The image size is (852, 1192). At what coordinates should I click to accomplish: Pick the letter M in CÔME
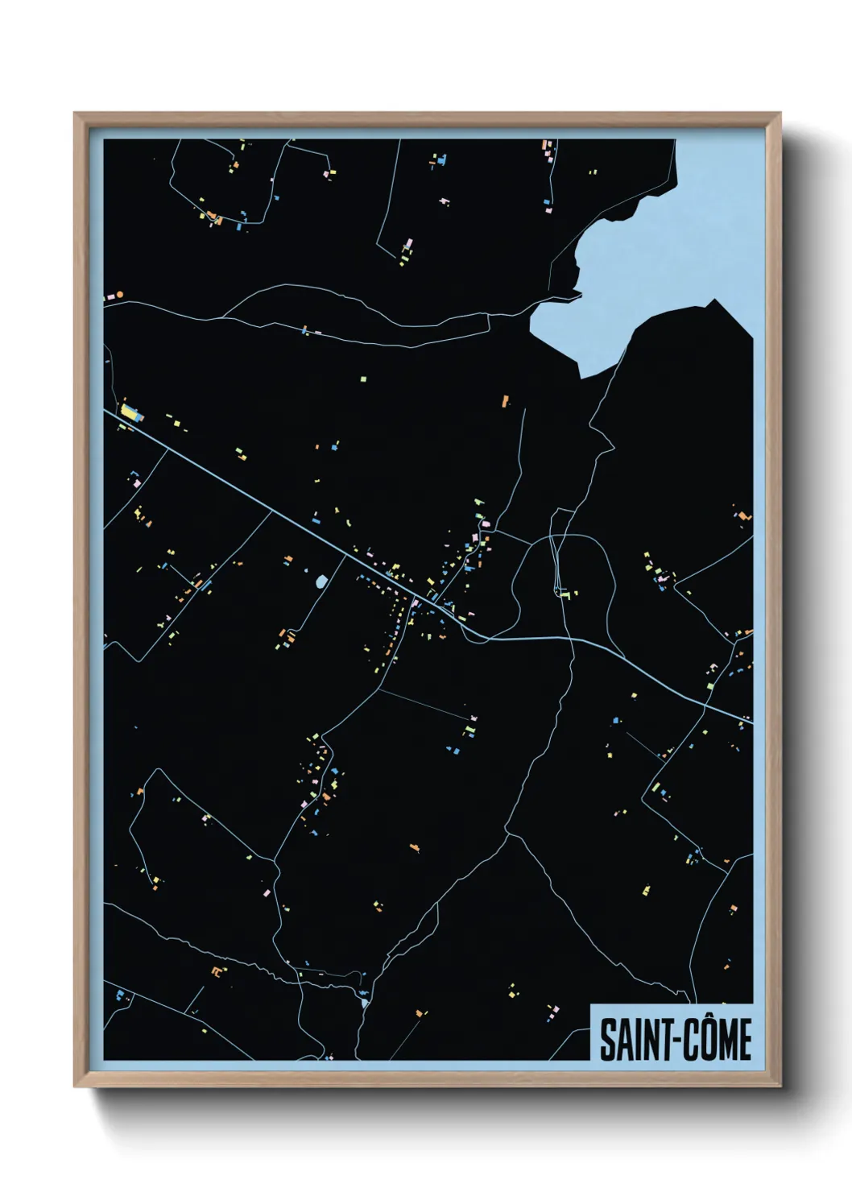click(x=727, y=1041)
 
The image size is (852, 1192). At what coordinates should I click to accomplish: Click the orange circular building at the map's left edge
click(x=120, y=296)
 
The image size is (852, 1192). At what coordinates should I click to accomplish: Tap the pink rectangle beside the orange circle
click(x=110, y=297)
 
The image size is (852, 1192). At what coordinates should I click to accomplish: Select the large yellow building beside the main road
click(x=129, y=412)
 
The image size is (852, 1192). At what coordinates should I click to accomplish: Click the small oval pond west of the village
click(x=321, y=581)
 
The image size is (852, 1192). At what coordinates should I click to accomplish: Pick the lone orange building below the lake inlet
click(x=506, y=399)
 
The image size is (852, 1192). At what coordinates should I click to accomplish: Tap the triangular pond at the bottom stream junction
click(x=365, y=1003)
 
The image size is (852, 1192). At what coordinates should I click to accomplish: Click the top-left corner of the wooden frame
click(x=75, y=114)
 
